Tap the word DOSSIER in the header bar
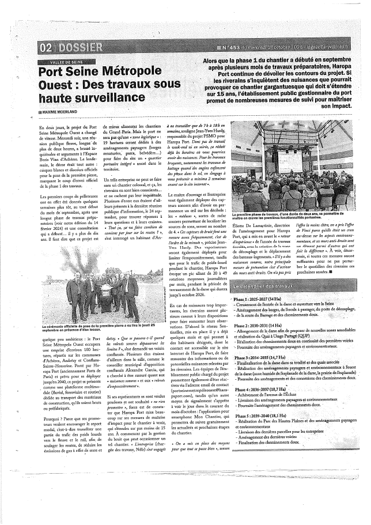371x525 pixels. pyautogui.click(x=79, y=47)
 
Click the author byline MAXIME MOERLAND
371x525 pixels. pyautogui.click(x=59, y=112)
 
